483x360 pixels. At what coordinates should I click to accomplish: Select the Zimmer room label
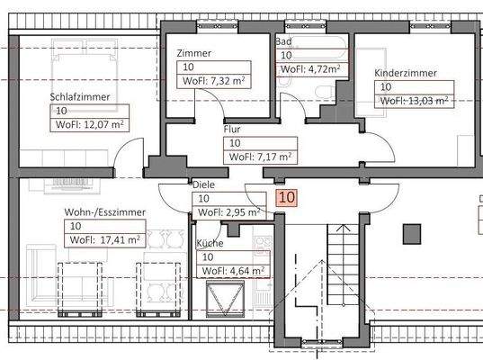[x=194, y=53]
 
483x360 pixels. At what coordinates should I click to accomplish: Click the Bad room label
[x=283, y=42]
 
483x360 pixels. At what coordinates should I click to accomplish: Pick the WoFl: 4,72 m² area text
[x=310, y=68]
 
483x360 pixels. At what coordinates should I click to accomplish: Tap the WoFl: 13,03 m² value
[x=414, y=101]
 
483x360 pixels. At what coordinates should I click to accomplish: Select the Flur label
[x=232, y=129]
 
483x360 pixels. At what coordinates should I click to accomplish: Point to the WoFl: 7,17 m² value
[x=260, y=157]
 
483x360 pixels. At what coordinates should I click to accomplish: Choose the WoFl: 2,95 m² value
[x=229, y=212]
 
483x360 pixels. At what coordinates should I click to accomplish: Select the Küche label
[x=210, y=243]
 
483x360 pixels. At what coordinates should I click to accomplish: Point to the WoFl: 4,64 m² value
[x=232, y=270]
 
